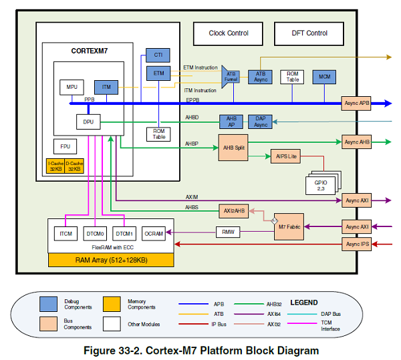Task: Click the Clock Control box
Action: (229, 33)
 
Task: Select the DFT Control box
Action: (309, 33)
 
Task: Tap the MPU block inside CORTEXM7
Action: (72, 87)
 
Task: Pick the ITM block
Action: (106, 87)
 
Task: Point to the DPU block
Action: (88, 122)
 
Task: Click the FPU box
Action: (65, 146)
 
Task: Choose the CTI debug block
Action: (158, 55)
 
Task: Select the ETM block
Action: (158, 73)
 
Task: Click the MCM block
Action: (325, 77)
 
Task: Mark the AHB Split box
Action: (233, 147)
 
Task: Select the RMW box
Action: (227, 232)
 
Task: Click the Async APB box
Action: (356, 103)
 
